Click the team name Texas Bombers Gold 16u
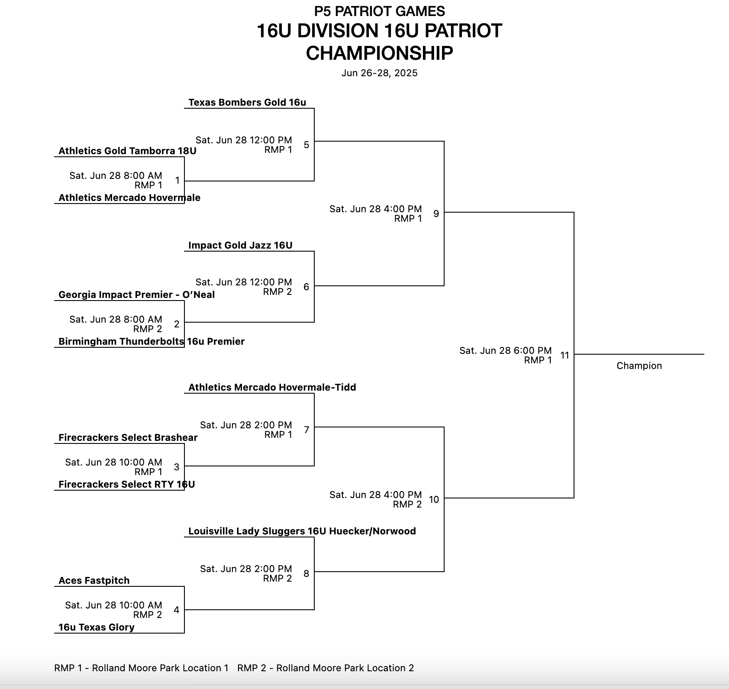(x=247, y=103)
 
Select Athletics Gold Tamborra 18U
(x=127, y=151)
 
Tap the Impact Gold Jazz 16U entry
(x=240, y=246)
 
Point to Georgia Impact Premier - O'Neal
(x=136, y=295)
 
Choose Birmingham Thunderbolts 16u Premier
(x=152, y=342)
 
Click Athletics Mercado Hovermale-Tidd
(x=272, y=388)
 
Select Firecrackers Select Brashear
(x=128, y=438)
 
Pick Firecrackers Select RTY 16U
(x=126, y=485)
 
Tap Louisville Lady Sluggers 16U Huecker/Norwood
(x=302, y=531)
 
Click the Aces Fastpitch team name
(x=94, y=581)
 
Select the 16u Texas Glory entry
(x=96, y=628)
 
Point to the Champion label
(x=639, y=366)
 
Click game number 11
(x=564, y=356)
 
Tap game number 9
(x=436, y=213)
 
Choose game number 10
(x=434, y=500)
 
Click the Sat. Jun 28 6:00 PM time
(x=505, y=351)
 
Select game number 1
(x=177, y=181)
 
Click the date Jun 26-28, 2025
(x=379, y=73)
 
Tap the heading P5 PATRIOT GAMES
(x=379, y=11)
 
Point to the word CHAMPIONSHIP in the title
(x=379, y=53)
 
